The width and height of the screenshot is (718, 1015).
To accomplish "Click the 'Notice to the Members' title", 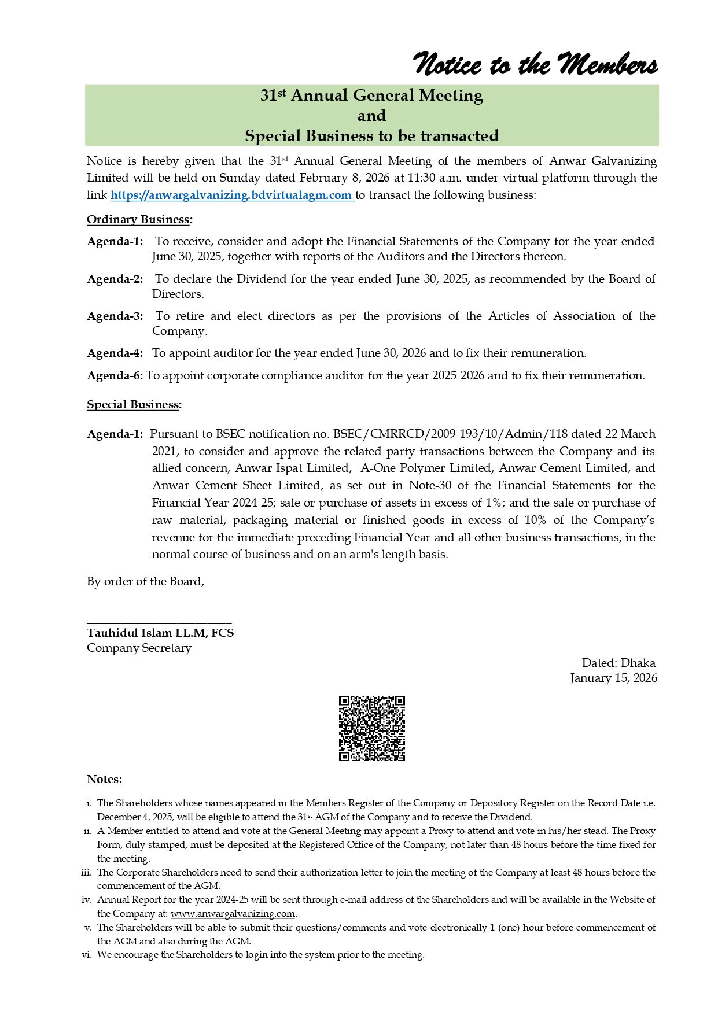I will point(536,65).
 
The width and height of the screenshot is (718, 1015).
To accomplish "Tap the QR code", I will point(371,728).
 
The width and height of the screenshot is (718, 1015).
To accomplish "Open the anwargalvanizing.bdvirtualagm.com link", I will point(231,195).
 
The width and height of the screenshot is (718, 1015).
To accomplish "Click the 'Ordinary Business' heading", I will point(139,220).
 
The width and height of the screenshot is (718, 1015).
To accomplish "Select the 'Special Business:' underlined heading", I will point(134,405).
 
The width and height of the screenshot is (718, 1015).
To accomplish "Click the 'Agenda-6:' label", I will point(115,376).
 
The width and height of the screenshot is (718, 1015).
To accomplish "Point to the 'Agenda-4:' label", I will point(115,353).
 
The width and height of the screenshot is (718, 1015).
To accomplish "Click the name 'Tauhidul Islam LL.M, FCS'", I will point(160,633).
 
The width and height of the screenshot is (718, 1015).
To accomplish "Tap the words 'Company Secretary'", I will point(139,648).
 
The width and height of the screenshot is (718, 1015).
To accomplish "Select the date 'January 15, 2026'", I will point(613,678).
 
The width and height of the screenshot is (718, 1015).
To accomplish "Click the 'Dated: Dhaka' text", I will point(618,663).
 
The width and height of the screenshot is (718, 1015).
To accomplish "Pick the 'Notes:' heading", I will point(105,779).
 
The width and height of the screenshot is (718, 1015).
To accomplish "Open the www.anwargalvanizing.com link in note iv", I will point(233,914).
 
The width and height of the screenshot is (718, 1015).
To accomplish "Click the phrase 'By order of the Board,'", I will point(145,582).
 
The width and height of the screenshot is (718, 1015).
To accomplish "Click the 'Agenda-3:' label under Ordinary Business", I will point(115,316).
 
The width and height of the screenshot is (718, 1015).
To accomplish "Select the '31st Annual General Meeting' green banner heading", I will point(371,95).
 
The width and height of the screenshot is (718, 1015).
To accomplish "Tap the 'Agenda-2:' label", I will point(115,279).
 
